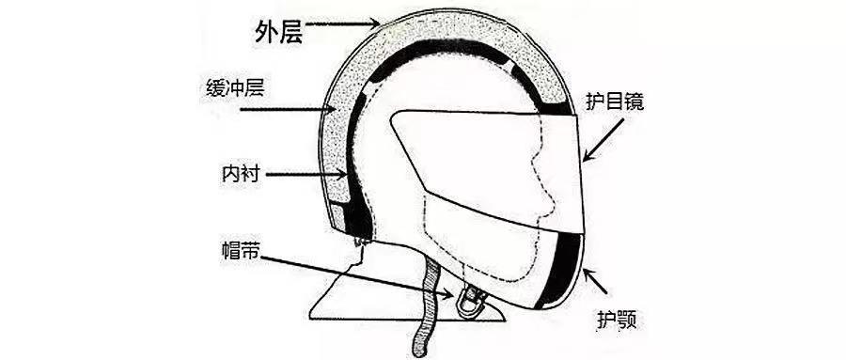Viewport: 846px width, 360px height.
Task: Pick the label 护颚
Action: [x=617, y=321]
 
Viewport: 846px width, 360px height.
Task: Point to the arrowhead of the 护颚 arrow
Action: [x=587, y=272]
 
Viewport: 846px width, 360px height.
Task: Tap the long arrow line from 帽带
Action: [x=357, y=274]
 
